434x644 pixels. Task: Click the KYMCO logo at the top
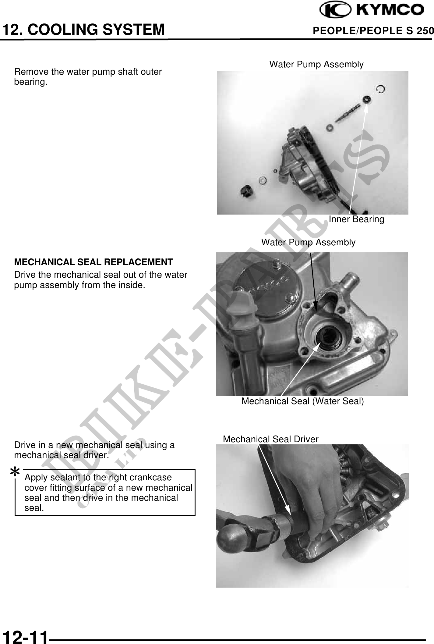[372, 10]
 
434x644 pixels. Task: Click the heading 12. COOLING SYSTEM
[83, 30]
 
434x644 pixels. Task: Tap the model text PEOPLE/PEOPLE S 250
[373, 30]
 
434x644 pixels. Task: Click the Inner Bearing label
[356, 219]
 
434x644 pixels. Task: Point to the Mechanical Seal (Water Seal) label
[302, 401]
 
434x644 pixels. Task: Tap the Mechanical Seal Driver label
[271, 439]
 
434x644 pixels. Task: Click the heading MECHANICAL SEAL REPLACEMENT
[94, 262]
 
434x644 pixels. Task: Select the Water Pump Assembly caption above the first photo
[316, 64]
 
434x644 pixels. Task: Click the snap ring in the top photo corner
[380, 89]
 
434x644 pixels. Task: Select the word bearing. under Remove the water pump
[31, 82]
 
